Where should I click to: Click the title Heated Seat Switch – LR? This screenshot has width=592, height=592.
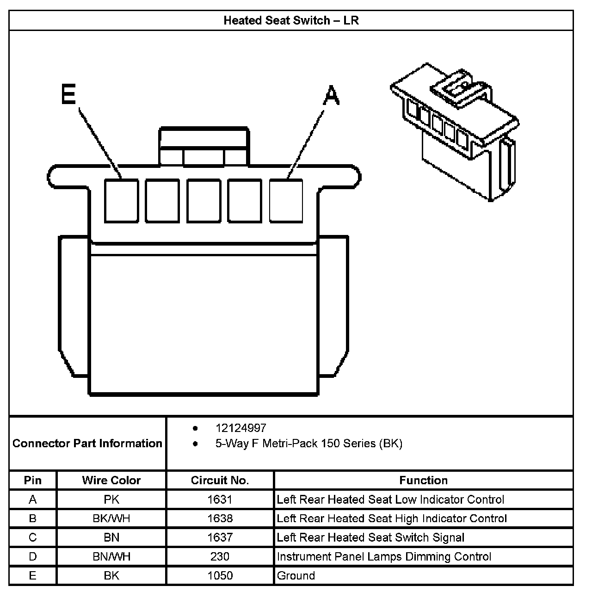tap(291, 21)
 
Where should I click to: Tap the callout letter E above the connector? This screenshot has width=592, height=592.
tap(68, 95)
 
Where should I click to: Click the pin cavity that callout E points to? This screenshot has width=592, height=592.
tap(121, 201)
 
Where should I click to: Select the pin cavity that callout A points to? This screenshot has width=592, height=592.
tap(286, 201)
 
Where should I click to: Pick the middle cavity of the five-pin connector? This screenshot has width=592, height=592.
tap(204, 201)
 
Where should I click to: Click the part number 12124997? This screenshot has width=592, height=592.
tap(240, 428)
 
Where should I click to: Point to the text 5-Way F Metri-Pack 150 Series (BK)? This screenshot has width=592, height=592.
tap(308, 444)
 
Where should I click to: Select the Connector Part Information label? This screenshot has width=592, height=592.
tap(87, 444)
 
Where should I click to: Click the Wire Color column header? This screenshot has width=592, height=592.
tap(111, 481)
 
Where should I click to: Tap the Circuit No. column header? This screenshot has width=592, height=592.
tap(220, 481)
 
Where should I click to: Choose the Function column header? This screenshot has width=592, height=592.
tap(423, 481)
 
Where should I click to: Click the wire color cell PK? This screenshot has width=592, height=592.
tap(111, 499)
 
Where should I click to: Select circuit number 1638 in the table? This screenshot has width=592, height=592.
tap(220, 518)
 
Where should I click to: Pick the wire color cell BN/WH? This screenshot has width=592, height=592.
tap(111, 556)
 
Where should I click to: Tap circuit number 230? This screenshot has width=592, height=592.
tap(220, 556)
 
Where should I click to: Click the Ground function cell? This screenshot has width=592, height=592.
tap(296, 576)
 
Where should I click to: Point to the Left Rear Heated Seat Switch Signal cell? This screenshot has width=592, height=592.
tap(370, 537)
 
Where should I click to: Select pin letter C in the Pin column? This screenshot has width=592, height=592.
tap(32, 537)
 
